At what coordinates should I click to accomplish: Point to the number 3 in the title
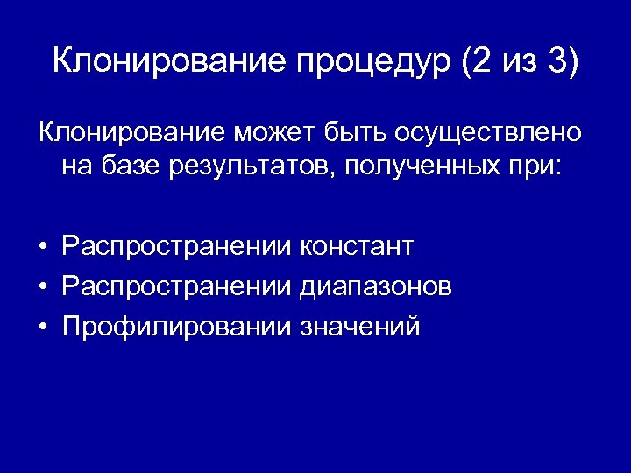click(558, 62)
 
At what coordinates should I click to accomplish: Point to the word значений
click(359, 327)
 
